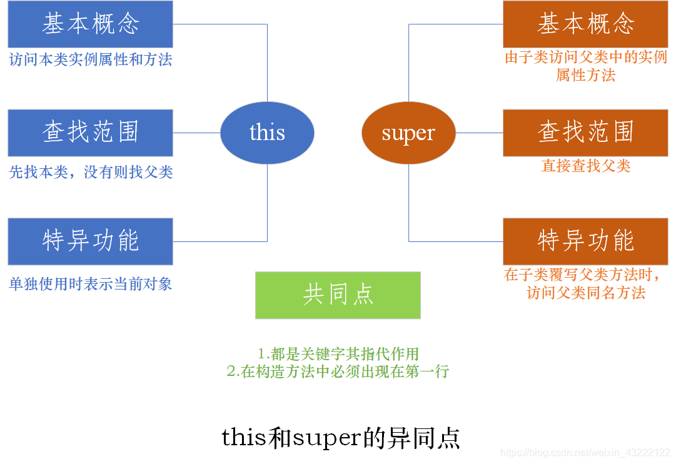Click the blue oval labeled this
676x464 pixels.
coord(267,133)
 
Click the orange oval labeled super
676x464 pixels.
coord(408,133)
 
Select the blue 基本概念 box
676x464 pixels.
coord(90,24)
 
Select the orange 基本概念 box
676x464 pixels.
coord(585,24)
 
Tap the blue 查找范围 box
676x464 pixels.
coord(90,133)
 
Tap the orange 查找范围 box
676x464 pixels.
coord(585,133)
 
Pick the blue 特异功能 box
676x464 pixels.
coord(90,241)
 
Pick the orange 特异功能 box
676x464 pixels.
coord(585,241)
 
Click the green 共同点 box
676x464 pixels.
coord(338,295)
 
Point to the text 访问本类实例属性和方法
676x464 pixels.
coord(90,59)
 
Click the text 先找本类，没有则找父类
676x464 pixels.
coord(91,172)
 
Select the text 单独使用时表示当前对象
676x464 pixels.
coord(90,284)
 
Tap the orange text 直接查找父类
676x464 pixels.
coord(585,166)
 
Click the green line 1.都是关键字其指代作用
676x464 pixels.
coord(338,353)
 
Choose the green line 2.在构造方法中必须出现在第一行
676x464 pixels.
coord(338,371)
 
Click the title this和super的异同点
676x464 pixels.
coord(341,438)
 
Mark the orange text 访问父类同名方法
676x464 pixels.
coord(585,293)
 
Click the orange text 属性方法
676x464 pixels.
coord(585,76)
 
